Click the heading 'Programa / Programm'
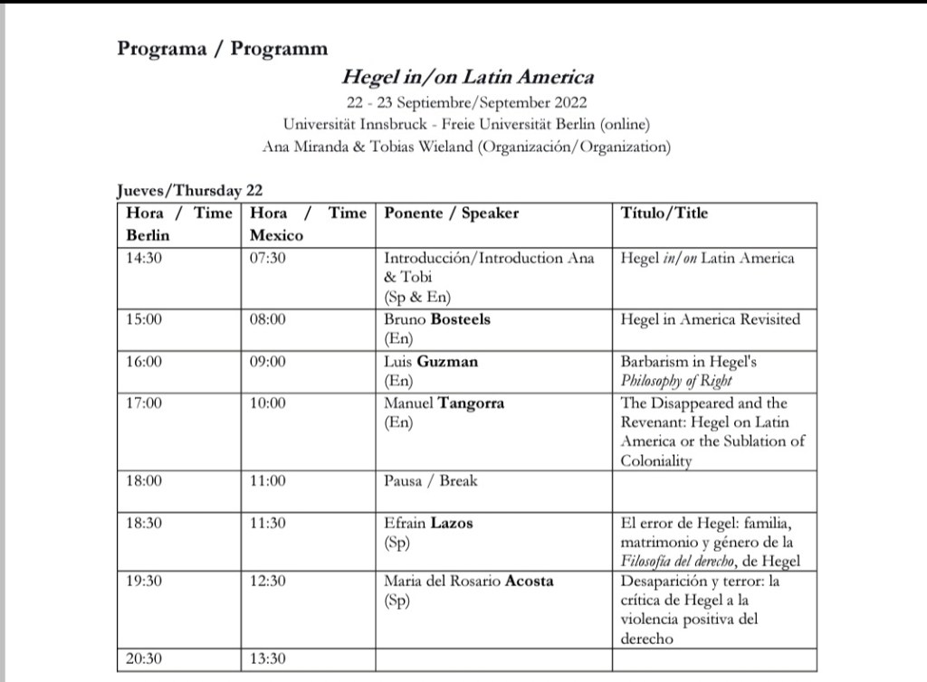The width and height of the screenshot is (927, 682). point(222,49)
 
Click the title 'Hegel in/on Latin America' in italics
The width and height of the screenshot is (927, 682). point(467,78)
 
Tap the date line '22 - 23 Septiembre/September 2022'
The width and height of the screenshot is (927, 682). point(467,102)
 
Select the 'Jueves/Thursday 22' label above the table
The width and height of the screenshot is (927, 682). point(190,190)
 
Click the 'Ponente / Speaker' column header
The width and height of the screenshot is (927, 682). point(452,213)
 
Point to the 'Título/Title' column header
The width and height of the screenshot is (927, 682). point(664,213)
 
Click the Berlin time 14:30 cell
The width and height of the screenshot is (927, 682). point(144,258)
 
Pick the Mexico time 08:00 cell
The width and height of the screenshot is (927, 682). point(267,319)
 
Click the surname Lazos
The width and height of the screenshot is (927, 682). point(451,523)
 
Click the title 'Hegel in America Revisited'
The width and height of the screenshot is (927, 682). point(711,319)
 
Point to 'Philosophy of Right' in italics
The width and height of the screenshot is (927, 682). point(677,381)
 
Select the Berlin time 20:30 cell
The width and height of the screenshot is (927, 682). point(144,659)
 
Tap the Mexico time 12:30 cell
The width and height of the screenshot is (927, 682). point(267,580)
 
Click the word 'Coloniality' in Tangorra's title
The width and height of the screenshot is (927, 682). point(656,460)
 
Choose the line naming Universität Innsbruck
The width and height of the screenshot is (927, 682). point(467,124)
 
